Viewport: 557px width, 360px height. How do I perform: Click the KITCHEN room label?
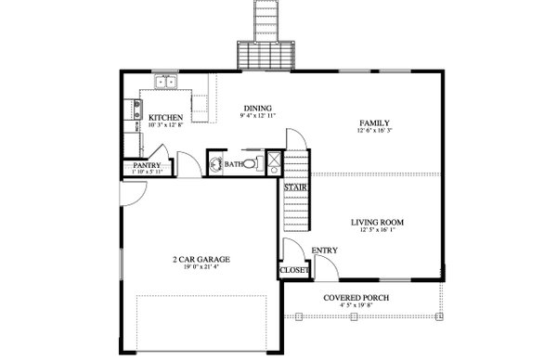(x=165, y=117)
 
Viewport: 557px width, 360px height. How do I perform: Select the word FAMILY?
(x=374, y=122)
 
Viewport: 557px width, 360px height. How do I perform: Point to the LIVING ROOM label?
(x=377, y=222)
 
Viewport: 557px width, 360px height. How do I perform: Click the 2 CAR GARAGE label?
(x=201, y=259)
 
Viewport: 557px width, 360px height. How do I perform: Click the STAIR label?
(x=295, y=188)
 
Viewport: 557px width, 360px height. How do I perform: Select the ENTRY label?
(x=324, y=250)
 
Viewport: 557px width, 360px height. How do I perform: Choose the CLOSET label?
(x=293, y=271)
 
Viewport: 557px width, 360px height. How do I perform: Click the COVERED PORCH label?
(x=356, y=298)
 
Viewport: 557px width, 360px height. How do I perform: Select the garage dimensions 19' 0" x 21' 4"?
(x=201, y=268)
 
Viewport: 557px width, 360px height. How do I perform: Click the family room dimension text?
(x=374, y=132)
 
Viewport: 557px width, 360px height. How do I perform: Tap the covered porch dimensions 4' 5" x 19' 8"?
(x=356, y=306)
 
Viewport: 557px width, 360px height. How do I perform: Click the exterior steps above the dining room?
(x=267, y=37)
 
